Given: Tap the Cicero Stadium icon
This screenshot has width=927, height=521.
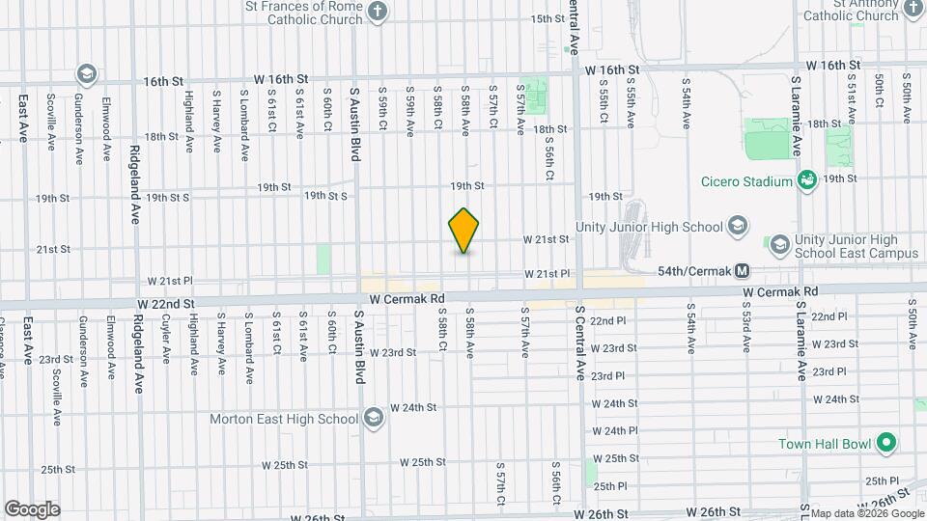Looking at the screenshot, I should click(806, 179).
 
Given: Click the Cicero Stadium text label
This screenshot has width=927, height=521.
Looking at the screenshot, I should click(744, 179).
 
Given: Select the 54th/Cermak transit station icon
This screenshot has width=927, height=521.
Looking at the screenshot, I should click(743, 272).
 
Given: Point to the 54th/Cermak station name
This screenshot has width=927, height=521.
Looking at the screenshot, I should click(692, 272).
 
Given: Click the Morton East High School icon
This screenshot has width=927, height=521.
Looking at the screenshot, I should click(374, 419).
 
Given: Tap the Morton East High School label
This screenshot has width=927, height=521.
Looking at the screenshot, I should click(285, 419).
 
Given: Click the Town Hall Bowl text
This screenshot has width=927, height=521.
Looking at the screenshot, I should click(825, 445).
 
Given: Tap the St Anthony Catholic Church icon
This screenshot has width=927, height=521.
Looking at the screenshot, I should click(913, 12).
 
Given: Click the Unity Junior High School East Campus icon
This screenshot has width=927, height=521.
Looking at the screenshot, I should click(778, 242).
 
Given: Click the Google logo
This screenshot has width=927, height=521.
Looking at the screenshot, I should click(32, 508).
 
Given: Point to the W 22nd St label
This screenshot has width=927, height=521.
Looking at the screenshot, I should click(173, 303).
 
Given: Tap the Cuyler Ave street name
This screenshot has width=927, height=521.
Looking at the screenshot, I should click(166, 338).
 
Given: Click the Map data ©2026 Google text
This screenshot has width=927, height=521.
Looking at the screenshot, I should click(862, 512).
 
